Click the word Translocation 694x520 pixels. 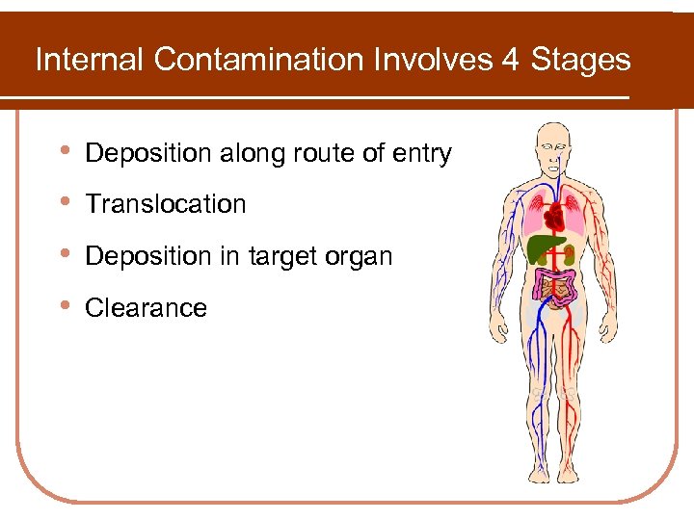tap(166, 204)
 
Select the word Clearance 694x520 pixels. tap(147, 308)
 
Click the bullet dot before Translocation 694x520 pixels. tap(64, 203)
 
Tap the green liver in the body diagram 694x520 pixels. tap(542, 249)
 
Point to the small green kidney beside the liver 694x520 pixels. tap(570, 255)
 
